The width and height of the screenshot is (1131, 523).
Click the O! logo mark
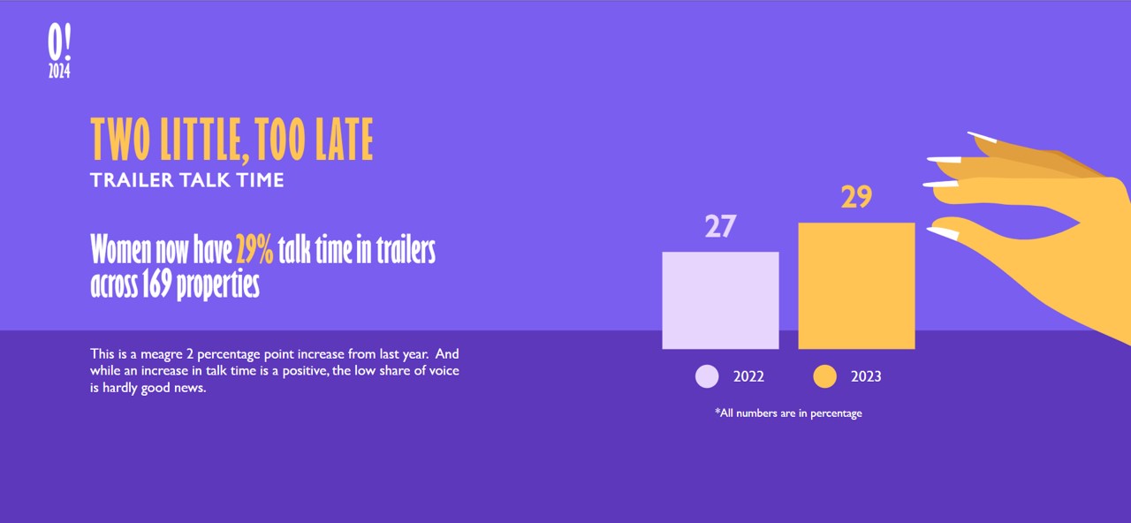tap(59, 42)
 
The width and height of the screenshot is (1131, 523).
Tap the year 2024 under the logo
tap(59, 72)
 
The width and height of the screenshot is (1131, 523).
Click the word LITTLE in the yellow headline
tap(205, 140)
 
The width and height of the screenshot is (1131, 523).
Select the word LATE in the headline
tap(344, 139)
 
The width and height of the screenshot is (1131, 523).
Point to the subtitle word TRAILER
tap(132, 180)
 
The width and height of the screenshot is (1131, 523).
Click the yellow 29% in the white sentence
tap(254, 249)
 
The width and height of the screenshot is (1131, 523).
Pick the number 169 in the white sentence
tap(156, 284)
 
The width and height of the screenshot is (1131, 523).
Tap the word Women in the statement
tap(121, 249)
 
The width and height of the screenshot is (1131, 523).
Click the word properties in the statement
tap(217, 285)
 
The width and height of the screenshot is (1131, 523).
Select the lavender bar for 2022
tap(720, 300)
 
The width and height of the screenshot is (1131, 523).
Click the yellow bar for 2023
tap(856, 285)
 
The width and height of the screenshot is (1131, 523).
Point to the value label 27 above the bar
tap(720, 226)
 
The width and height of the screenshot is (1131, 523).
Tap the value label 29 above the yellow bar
tap(856, 197)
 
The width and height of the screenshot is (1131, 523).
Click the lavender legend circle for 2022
tap(707, 376)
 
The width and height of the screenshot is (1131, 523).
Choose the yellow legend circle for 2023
tap(825, 376)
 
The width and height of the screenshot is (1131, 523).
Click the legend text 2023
tap(866, 376)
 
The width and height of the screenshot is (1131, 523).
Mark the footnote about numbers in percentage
tap(788, 413)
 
